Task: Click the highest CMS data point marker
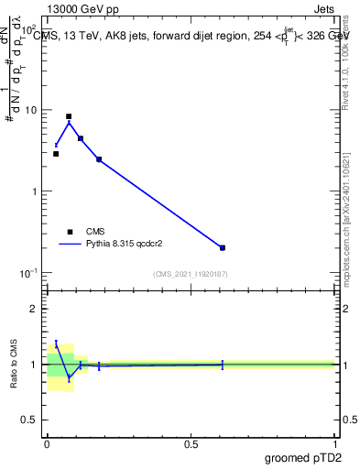69,116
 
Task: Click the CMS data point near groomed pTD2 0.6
223,247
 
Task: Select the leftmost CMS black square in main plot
56,154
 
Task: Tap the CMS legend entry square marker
70,232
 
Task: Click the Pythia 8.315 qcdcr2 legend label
124,245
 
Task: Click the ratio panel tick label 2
36,309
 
